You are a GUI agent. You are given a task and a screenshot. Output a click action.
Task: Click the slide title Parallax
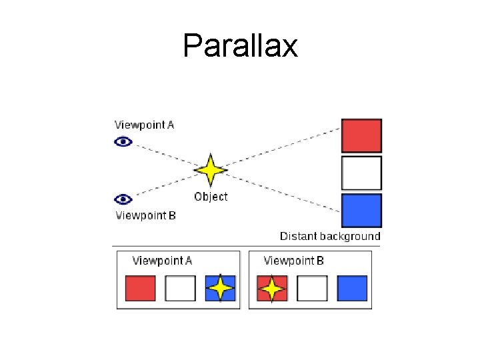coord(240,45)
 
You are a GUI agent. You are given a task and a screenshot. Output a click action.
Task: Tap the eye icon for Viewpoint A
coord(123,142)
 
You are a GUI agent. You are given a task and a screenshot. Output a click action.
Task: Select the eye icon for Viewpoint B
coord(123,199)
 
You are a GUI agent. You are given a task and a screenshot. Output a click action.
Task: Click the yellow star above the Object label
coord(211,170)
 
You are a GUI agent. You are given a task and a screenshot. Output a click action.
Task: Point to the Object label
coord(211,197)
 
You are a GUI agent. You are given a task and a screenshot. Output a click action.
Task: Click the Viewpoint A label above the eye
coord(144,125)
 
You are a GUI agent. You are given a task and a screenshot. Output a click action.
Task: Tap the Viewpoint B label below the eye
coord(146,215)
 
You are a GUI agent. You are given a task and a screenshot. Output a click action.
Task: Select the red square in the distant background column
coord(361,135)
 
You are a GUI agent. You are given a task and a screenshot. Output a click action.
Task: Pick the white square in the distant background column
coord(361,173)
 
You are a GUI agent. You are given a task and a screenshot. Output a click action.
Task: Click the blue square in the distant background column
coord(361,211)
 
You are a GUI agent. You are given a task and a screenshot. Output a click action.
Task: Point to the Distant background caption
coord(330,236)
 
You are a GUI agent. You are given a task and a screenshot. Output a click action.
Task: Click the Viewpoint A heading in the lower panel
coord(162,261)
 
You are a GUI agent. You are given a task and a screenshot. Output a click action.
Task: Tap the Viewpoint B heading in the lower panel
coord(293,261)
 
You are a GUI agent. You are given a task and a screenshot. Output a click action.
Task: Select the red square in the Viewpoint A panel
coord(141,289)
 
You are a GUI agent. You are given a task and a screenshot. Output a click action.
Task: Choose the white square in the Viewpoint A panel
coord(180,289)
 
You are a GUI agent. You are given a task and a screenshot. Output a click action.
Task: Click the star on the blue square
coord(221,288)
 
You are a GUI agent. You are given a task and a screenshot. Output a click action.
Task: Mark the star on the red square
coord(272,289)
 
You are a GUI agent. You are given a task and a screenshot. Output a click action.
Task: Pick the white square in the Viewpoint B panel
coord(312,289)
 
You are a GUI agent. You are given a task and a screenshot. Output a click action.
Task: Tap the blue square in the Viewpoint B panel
coord(352,289)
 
